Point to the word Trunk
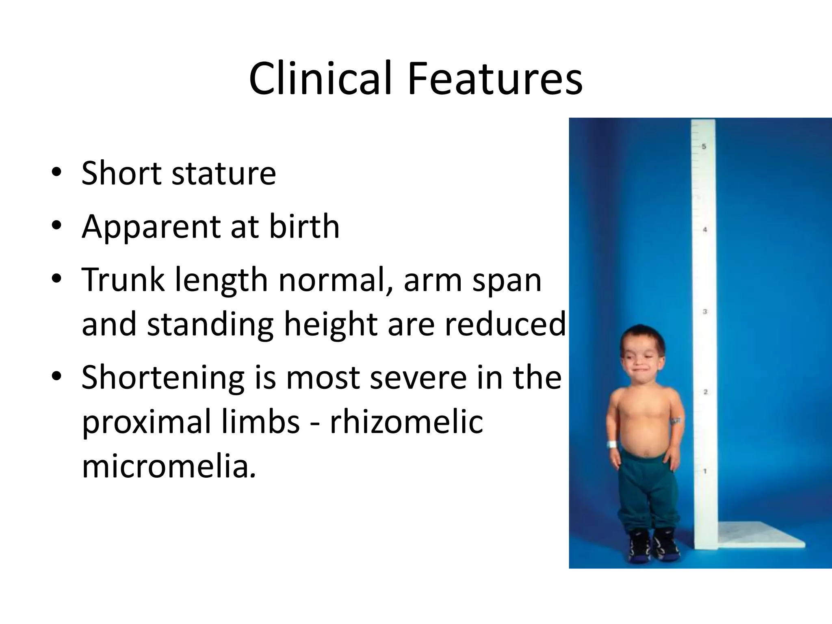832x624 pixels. pos(123,280)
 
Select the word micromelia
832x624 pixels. pos(169,466)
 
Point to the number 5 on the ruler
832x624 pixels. pos(704,146)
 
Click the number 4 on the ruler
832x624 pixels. pos(705,230)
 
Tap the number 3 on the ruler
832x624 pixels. pos(705,312)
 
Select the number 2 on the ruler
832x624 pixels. pos(706,392)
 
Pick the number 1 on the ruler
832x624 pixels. pos(705,471)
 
